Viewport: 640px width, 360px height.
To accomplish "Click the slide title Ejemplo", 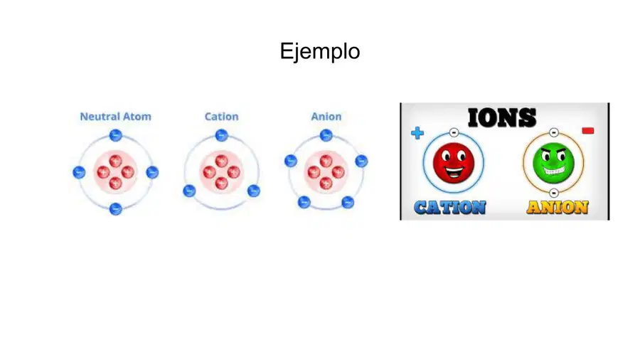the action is tap(319, 52).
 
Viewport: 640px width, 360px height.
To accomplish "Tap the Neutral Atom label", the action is tap(115, 117).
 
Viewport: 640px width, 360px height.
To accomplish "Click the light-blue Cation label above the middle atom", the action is tap(221, 117).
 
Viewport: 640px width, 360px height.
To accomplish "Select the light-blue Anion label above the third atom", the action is tap(326, 117).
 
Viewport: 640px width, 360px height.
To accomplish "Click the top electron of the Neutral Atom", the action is tap(115, 135).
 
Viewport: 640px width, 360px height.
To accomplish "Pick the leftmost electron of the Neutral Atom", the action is tap(79, 172).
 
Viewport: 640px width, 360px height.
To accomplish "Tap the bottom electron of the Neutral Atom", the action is tap(115, 209).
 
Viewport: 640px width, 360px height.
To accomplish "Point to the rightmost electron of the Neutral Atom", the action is tap(152, 172).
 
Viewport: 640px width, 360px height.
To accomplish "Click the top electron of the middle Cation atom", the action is tap(221, 135).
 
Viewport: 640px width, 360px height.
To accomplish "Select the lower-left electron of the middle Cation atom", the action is tap(189, 191).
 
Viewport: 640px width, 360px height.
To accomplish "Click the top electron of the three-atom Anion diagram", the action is tap(326, 135).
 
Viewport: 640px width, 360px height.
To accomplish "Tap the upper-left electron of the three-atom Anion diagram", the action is tap(291, 161).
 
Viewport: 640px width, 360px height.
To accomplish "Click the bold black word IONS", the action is tap(502, 117).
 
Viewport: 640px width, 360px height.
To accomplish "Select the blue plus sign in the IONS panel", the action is tap(417, 133).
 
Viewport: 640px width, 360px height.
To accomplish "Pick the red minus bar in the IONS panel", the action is tap(588, 131).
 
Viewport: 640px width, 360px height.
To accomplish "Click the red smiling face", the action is tap(454, 163).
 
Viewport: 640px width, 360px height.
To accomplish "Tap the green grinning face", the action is tap(553, 163).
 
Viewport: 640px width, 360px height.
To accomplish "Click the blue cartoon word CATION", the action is tap(450, 207).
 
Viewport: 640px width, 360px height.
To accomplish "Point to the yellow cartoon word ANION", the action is tap(558, 207).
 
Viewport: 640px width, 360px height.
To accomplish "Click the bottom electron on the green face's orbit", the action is tap(553, 193).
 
